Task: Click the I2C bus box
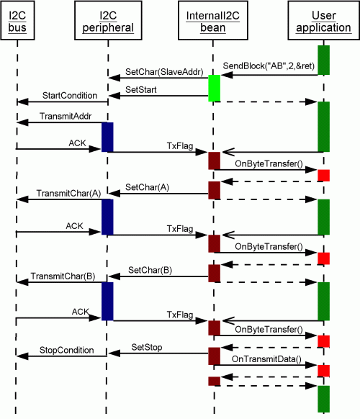tap(17, 21)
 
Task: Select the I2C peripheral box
tap(108, 21)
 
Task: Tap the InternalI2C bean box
tap(213, 21)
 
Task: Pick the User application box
tap(324, 21)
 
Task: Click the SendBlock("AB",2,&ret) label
tap(269, 66)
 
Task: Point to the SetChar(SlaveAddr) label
tap(164, 72)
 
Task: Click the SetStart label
tap(141, 89)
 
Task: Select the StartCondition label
tap(70, 96)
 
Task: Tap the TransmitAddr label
tap(66, 116)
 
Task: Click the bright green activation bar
tap(215, 88)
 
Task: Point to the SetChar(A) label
tap(148, 187)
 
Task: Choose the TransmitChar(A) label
tap(68, 193)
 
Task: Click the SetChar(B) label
tap(150, 270)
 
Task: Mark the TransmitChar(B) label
tap(63, 276)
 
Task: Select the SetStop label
tap(147, 348)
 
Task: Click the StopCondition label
tap(66, 350)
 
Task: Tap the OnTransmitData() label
tap(266, 359)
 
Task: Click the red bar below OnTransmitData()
tap(324, 371)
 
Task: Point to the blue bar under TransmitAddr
tap(107, 138)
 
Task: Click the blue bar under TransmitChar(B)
tap(107, 301)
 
